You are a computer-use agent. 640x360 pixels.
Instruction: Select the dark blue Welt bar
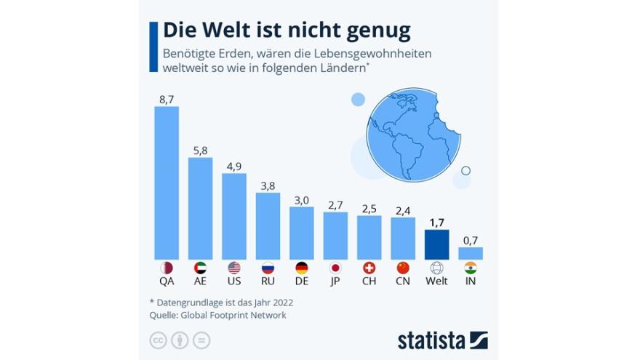tap(436, 244)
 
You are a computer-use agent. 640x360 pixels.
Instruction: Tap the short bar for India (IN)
tap(471, 253)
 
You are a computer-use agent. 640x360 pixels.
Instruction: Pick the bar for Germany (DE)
tap(302, 233)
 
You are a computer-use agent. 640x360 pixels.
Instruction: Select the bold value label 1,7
tap(436, 222)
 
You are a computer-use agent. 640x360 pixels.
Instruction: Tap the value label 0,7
tap(471, 239)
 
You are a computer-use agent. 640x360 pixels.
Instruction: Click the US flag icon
tap(233, 267)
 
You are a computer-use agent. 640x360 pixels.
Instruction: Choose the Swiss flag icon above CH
tap(369, 267)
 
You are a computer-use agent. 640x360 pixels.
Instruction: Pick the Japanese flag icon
tap(335, 267)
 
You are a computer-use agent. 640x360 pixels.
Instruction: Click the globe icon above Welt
tap(436, 267)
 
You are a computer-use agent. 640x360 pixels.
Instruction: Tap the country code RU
tap(268, 281)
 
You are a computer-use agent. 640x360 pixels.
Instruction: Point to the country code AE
tap(200, 281)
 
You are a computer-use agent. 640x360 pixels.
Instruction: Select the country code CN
tap(403, 281)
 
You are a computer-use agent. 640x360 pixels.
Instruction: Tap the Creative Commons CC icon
tap(157, 340)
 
